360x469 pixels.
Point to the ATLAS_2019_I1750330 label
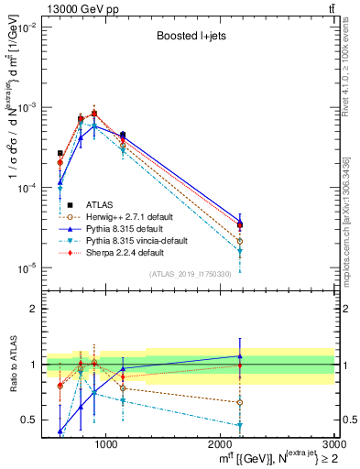pyautogui.click(x=189, y=274)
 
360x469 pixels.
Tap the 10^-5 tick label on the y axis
pyautogui.click(x=27, y=267)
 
